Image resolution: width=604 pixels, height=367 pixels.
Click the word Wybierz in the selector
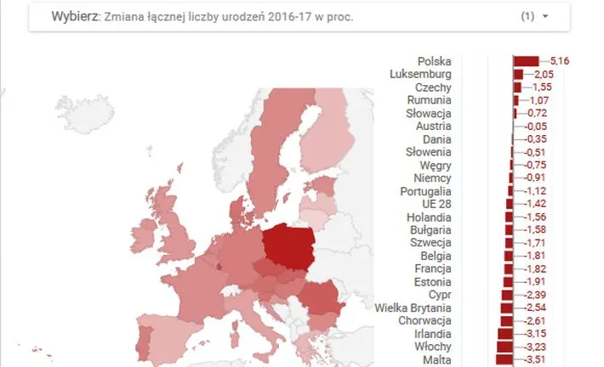[x=72, y=16]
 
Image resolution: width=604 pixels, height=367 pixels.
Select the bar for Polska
[x=526, y=61]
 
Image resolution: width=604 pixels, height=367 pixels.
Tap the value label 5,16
[x=560, y=61]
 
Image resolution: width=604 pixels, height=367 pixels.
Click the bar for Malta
[x=504, y=360]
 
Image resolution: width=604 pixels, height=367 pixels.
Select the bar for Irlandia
[x=505, y=334]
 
